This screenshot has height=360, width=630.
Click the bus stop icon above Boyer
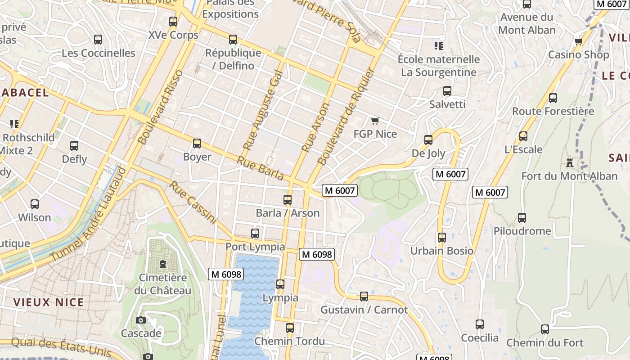coord(197,144)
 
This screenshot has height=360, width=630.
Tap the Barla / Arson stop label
coord(288,213)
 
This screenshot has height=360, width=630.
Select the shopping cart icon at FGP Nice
coord(375,121)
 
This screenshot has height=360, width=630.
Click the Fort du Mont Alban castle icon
coord(570,162)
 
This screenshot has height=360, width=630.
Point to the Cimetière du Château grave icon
coord(162,264)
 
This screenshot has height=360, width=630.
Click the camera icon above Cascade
coord(141,320)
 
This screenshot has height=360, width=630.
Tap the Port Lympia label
coord(255,247)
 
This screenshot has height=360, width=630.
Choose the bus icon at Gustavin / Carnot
coord(364,297)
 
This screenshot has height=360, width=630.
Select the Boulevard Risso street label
coord(160,107)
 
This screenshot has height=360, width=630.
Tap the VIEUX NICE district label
coord(49,302)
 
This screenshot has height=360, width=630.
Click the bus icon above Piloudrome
coord(522,218)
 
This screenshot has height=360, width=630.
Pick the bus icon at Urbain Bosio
coord(442,237)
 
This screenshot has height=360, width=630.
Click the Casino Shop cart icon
coord(578,42)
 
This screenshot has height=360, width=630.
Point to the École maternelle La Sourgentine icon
coord(438,45)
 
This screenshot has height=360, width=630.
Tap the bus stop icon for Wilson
coord(35,204)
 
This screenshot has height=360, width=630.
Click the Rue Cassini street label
coord(193,202)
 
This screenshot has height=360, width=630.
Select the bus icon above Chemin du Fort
coord(545,329)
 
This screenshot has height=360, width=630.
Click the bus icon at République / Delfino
coord(233,40)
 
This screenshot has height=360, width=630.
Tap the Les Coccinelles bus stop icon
coord(98,40)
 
